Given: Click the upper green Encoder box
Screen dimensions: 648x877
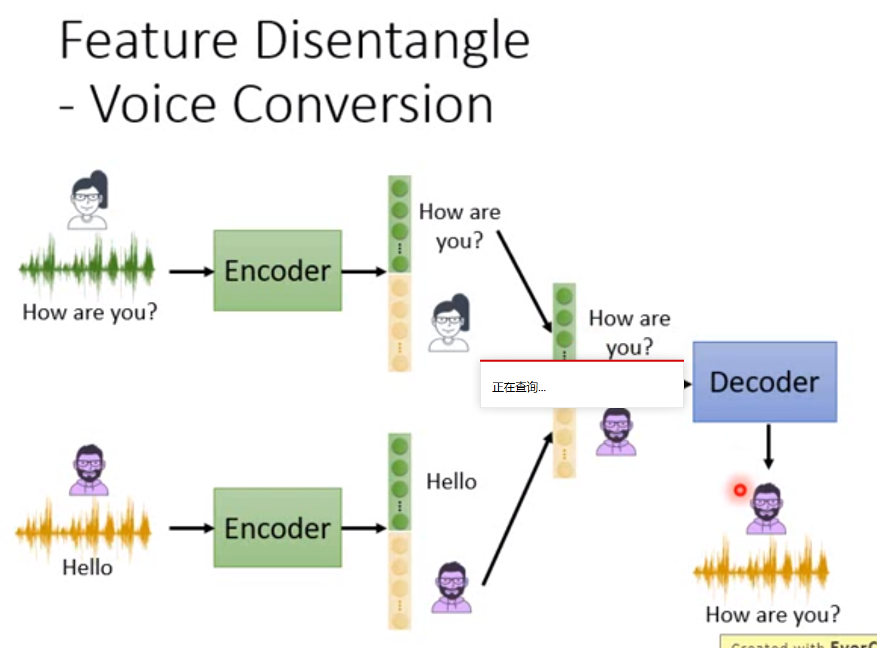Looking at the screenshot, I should (x=277, y=271).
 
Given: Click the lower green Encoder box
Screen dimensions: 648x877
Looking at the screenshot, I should (x=277, y=528).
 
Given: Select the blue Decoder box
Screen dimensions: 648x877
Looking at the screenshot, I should (x=765, y=382).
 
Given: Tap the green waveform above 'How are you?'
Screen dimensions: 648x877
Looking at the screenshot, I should (x=87, y=267).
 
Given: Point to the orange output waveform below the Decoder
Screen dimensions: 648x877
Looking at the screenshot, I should (x=761, y=569).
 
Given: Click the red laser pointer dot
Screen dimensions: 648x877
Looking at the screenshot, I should (x=740, y=490).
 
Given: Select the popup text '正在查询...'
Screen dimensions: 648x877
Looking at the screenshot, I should (x=519, y=387).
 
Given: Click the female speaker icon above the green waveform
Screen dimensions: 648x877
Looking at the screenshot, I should (x=89, y=200).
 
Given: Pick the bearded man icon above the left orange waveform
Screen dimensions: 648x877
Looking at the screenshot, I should (x=89, y=470).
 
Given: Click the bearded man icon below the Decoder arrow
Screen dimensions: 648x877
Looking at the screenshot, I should (x=766, y=509).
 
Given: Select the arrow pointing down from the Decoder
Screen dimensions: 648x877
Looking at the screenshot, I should (x=769, y=446).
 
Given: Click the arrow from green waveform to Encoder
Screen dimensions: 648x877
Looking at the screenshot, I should (x=191, y=272).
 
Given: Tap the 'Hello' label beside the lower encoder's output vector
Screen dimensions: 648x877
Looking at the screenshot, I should (x=451, y=481).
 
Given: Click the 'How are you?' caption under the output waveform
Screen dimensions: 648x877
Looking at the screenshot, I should (x=772, y=614).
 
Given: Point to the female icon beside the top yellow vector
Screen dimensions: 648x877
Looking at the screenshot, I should (x=449, y=323).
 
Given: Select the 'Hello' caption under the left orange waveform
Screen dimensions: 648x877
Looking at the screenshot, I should (x=87, y=567).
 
